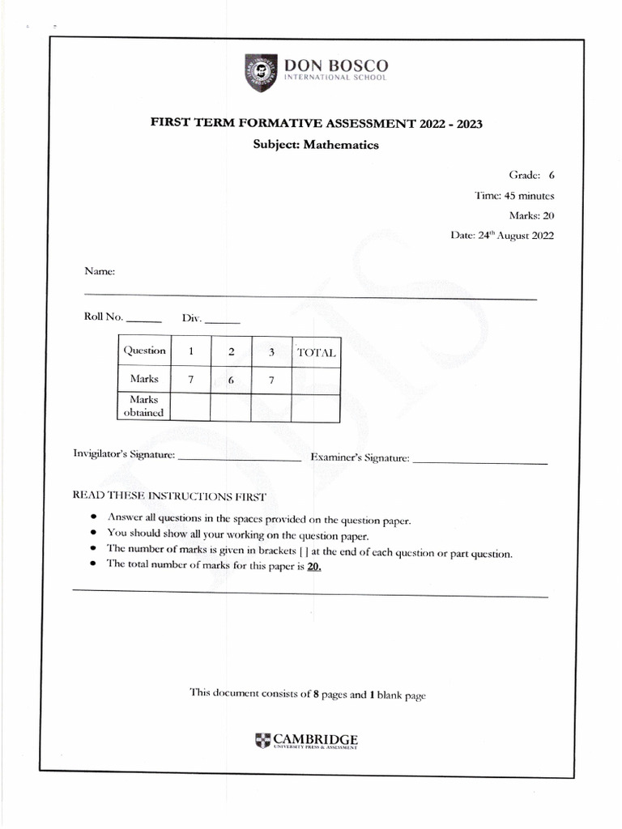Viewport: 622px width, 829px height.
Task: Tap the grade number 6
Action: point(552,175)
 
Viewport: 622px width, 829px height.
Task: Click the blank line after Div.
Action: point(223,322)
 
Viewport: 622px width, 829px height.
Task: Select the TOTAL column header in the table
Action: point(316,352)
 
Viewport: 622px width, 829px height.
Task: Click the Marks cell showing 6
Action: point(231,380)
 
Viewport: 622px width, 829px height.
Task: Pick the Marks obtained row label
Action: point(143,406)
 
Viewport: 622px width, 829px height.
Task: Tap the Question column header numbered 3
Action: point(272,351)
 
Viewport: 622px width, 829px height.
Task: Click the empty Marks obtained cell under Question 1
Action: point(190,407)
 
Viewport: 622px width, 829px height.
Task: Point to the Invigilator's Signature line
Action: point(239,459)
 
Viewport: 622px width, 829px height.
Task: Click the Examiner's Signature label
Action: point(360,458)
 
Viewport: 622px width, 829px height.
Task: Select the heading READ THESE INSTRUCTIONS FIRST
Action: point(168,495)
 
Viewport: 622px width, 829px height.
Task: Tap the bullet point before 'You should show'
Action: point(95,534)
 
